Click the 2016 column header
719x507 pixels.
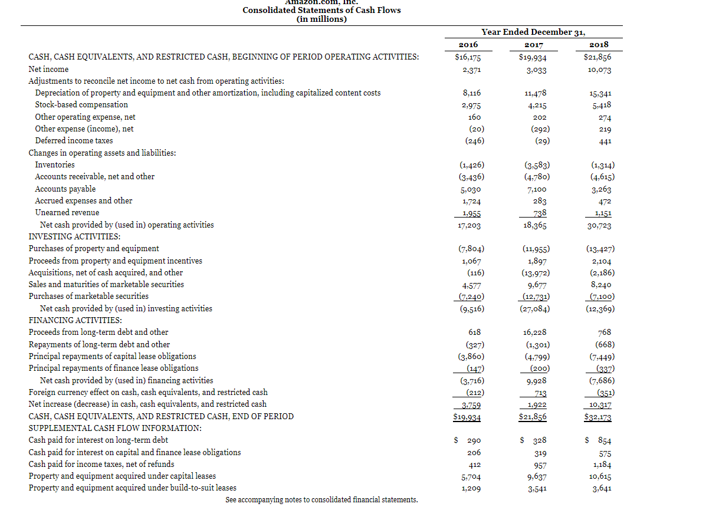coord(468,44)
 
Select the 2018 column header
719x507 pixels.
coord(599,44)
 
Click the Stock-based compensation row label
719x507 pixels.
coord(81,104)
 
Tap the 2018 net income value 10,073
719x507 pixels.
coord(599,70)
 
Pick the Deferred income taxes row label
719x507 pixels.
coord(74,140)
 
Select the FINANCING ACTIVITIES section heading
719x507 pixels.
coord(75,320)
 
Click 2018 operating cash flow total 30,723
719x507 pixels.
coord(599,225)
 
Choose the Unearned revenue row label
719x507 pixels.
coord(67,212)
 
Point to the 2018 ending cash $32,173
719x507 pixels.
coord(597,417)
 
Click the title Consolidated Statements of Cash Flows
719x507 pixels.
coord(321,10)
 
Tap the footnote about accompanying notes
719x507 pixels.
coord(321,500)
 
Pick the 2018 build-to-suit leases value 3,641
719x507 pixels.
coord(600,488)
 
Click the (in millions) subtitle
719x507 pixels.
coord(321,19)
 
